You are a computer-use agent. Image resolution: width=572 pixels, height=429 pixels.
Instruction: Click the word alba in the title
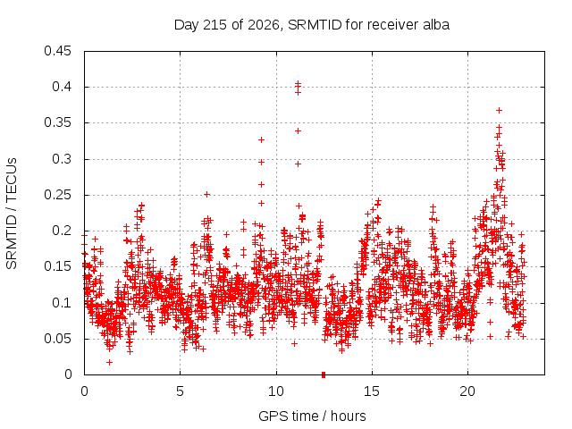point(436,25)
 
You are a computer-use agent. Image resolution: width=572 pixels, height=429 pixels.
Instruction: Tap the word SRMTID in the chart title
point(315,25)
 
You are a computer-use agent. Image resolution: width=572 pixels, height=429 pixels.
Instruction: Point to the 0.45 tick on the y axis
point(57,51)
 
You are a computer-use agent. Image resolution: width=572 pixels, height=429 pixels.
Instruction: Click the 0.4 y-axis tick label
point(62,87)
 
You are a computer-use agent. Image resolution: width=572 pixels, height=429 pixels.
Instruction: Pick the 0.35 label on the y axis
point(57,122)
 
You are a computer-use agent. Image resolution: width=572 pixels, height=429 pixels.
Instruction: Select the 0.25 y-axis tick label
point(57,195)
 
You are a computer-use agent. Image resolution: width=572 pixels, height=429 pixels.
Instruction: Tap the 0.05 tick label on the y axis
point(57,339)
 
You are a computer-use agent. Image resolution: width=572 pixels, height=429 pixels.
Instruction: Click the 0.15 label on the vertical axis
point(57,266)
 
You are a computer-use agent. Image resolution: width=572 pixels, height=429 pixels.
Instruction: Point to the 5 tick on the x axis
point(181,391)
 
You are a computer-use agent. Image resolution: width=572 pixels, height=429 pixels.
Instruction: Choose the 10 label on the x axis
point(276,391)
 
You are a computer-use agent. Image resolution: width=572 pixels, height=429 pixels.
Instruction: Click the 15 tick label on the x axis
point(372,391)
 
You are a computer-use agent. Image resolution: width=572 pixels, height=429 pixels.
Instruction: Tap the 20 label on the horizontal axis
point(467,391)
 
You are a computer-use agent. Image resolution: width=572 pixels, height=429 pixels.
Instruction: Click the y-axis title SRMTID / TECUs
point(12,214)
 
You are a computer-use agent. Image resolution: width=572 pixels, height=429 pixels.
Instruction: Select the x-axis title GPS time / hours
point(312,416)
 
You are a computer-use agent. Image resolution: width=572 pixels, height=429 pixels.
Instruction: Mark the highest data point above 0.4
point(298,83)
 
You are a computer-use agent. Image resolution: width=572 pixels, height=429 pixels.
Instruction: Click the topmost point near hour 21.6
point(499,110)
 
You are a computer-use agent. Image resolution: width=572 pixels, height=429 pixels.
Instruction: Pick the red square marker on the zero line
point(324,374)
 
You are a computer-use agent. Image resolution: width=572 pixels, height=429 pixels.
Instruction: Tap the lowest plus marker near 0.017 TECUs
point(109,362)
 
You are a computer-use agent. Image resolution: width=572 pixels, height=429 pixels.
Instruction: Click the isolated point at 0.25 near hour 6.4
point(206,195)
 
